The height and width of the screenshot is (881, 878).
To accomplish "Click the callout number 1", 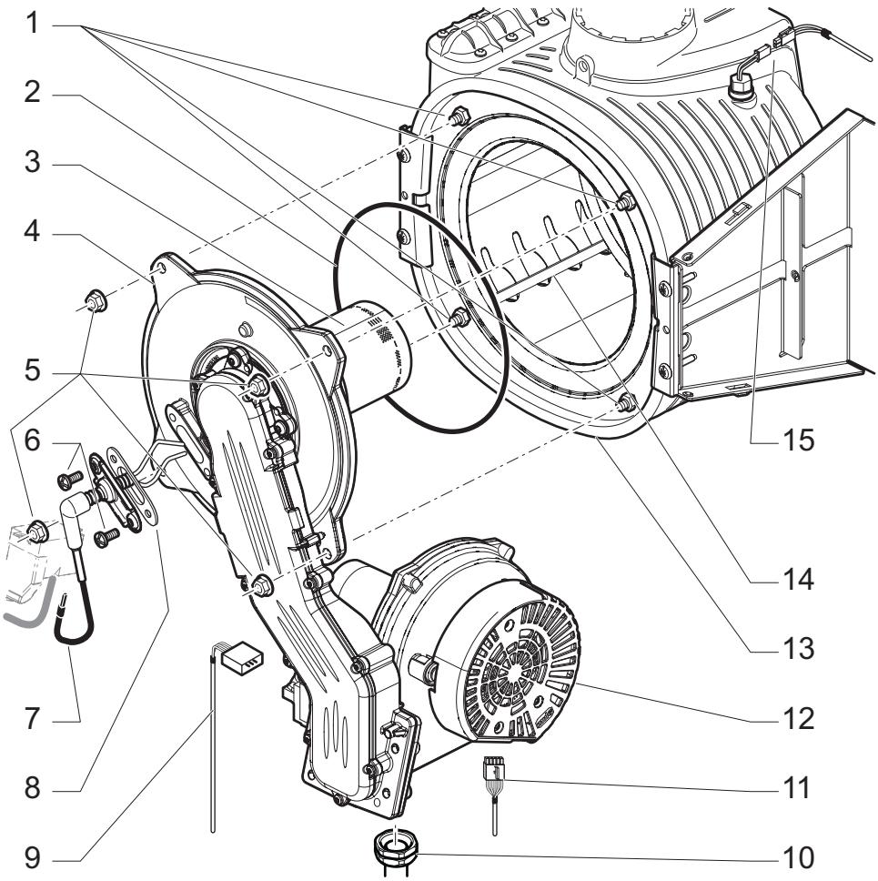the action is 33,24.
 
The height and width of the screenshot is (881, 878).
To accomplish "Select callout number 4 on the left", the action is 32,231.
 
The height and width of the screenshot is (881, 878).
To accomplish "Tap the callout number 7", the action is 33,719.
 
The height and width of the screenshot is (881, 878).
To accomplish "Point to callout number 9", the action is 32,858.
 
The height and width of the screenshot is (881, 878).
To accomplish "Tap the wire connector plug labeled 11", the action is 491,769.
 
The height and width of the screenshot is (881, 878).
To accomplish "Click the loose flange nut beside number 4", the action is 95,301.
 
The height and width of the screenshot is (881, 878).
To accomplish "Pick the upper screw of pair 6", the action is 70,479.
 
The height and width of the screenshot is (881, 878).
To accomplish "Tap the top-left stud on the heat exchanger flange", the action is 459,116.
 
